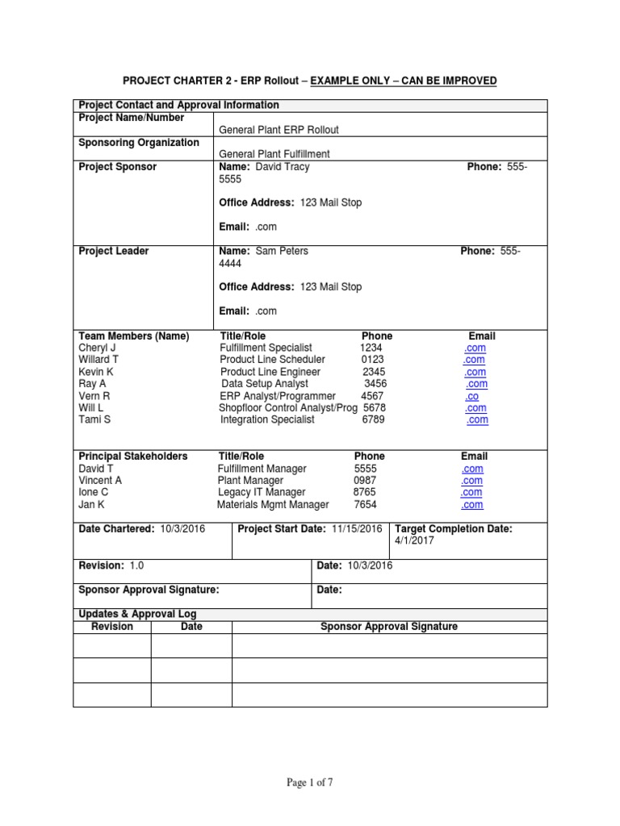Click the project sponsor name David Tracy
point(283,167)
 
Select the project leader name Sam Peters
point(282,251)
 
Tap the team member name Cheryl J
point(98,348)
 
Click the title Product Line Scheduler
point(273,360)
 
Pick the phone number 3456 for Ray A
point(375,384)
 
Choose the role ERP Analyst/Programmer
point(278,396)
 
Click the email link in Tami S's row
point(477,419)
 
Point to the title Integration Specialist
point(270,419)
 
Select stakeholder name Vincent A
point(100,480)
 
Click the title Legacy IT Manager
point(262,492)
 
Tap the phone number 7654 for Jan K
point(365,504)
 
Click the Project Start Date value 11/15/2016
point(357,528)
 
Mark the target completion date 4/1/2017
point(414,541)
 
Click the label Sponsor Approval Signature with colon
point(149,590)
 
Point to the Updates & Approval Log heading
point(137,614)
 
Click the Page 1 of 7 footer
point(310,782)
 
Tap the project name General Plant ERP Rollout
point(279,130)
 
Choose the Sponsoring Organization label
point(139,143)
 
